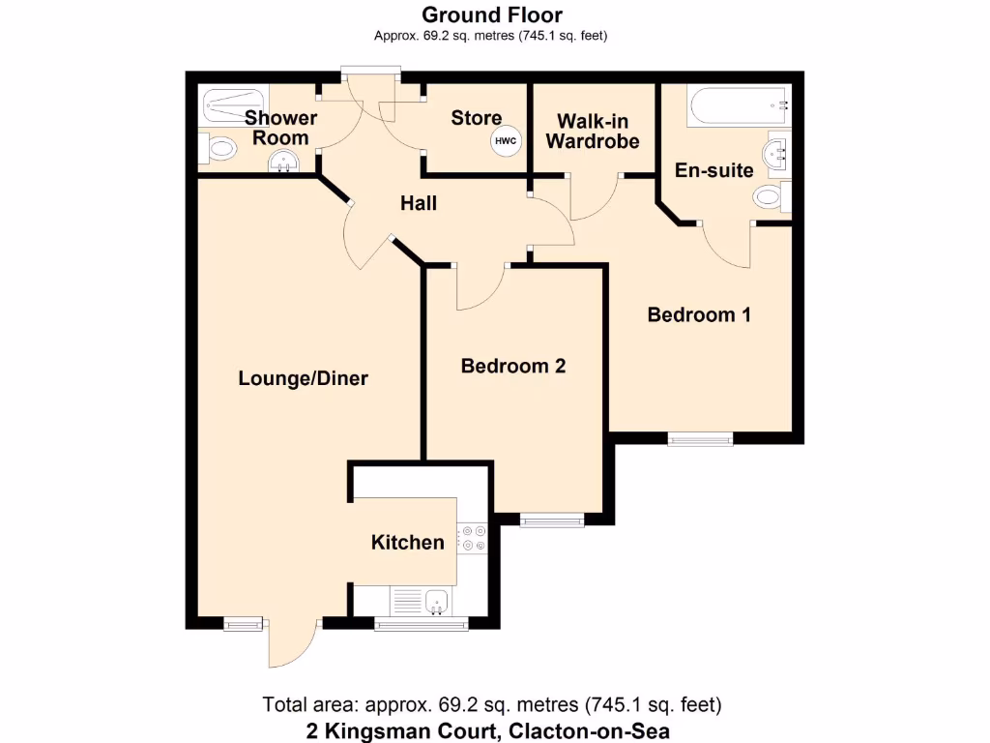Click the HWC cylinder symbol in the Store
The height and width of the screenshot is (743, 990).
(x=506, y=141)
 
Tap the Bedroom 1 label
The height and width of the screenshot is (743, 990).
(x=699, y=314)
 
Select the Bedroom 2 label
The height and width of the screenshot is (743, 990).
(x=512, y=366)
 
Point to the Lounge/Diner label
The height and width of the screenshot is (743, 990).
(x=304, y=378)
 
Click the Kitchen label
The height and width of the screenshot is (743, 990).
(x=408, y=542)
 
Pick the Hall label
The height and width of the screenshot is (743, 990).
(x=420, y=203)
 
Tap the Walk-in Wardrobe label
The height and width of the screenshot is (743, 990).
(x=593, y=132)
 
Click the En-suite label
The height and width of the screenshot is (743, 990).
(x=714, y=170)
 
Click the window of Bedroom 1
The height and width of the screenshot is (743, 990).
(x=700, y=439)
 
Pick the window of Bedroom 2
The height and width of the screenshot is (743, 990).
(x=552, y=520)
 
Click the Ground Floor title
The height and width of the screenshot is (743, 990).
(x=492, y=15)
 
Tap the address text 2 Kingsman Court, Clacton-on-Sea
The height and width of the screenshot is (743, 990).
(x=491, y=730)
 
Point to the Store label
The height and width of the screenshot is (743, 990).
(x=477, y=118)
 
